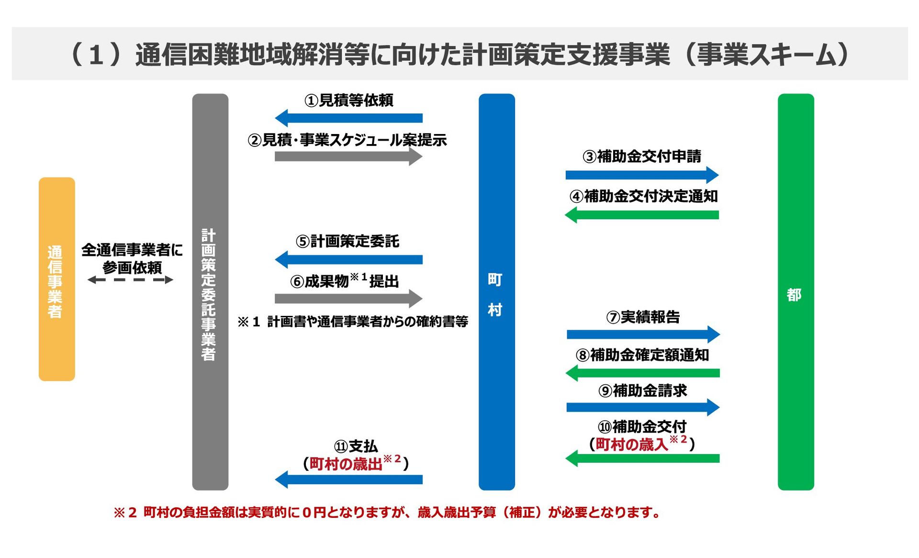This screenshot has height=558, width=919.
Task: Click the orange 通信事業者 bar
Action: point(56,279)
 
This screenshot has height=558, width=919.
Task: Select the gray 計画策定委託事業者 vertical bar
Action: point(210,291)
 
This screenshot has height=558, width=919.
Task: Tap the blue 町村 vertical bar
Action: point(496,291)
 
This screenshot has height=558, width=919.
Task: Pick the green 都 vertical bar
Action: point(796,291)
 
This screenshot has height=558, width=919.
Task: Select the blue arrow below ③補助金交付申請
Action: point(642,175)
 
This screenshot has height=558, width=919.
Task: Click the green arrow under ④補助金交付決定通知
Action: point(642,215)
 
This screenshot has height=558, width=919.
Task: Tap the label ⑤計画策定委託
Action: point(347,241)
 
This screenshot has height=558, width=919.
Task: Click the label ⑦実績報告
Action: point(643,317)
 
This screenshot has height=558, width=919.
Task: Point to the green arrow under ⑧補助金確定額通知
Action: point(642,373)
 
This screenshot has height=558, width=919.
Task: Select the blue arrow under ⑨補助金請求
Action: point(642,407)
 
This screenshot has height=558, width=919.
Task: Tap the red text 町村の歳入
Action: point(631,445)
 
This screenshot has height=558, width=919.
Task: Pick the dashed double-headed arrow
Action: point(130,280)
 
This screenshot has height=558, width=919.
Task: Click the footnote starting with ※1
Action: point(353,322)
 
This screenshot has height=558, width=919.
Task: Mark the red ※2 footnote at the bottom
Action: point(387,513)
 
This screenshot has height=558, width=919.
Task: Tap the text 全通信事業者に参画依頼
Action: point(132,258)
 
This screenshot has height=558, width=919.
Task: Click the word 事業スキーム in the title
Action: point(766,54)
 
